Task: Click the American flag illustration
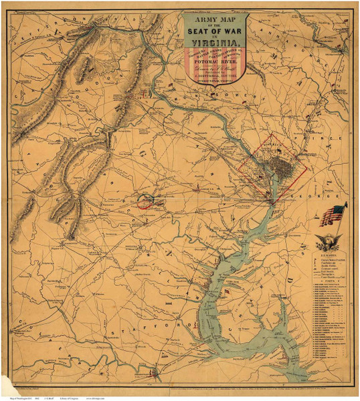point(331,215)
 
